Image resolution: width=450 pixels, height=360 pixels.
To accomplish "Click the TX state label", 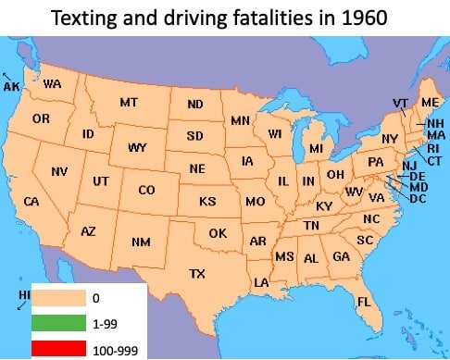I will pos(197,273).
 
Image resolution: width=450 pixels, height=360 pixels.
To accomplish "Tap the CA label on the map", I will pos(31,201).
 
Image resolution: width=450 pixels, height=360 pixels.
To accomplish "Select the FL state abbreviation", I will pos(364,302).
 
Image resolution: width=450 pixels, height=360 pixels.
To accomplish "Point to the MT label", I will pos(129,102).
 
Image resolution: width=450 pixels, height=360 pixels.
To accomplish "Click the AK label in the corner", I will pos(12,86).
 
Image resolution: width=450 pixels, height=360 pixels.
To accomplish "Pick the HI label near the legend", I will pos(24,294).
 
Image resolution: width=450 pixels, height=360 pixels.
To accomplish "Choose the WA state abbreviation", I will pos(52,83).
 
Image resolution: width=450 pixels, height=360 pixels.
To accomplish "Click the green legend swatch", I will pos(61,323).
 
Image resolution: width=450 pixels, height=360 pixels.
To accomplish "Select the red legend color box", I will pos(61,348).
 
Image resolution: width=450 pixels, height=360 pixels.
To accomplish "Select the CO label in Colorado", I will pos(146,191).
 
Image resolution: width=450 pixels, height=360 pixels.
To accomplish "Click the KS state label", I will pos(207,201).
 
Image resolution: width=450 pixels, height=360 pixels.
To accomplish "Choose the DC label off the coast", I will pos(418,198).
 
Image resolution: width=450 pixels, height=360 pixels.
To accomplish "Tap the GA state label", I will pos(341,256).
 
